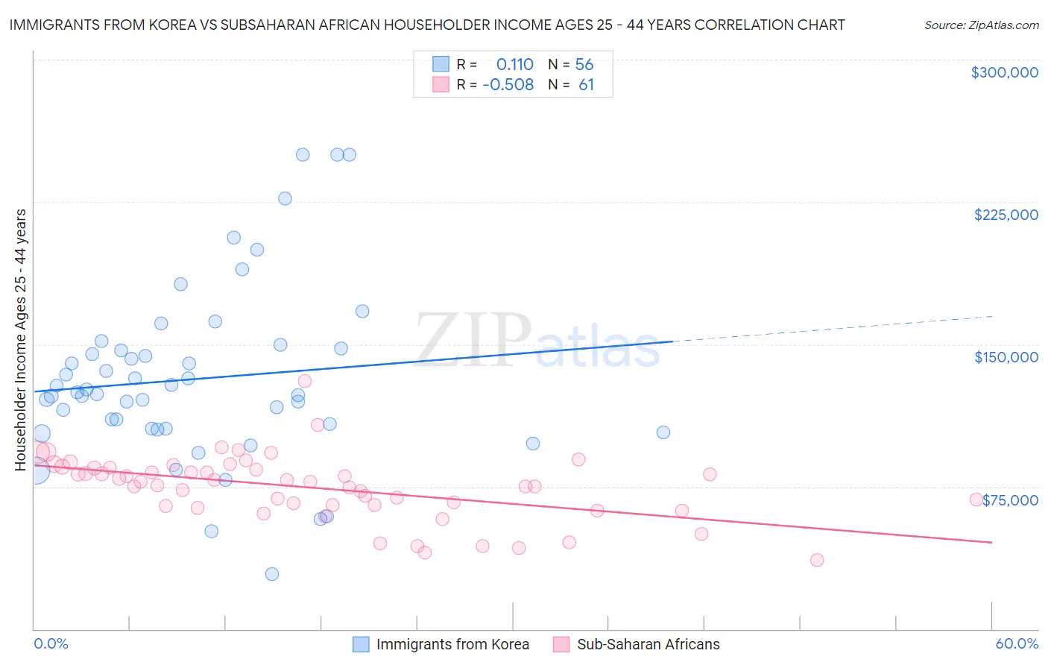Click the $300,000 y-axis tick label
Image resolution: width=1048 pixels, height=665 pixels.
click(1004, 72)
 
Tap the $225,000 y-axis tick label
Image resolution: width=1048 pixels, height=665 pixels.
click(1006, 215)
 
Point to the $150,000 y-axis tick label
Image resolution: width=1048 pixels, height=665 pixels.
click(1006, 357)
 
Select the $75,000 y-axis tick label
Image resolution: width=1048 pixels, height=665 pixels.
click(1010, 500)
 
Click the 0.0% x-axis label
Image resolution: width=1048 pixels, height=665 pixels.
click(51, 643)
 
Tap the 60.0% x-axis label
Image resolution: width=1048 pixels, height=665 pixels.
click(1016, 643)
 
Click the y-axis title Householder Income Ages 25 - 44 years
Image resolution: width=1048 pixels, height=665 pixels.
click(21, 340)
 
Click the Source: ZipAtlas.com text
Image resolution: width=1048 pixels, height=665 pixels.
click(981, 25)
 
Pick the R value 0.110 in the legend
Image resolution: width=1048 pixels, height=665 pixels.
click(514, 65)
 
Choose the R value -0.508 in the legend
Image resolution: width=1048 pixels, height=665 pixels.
click(508, 85)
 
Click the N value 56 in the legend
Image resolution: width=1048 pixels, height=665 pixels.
click(584, 65)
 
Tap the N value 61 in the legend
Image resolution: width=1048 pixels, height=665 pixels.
click(586, 85)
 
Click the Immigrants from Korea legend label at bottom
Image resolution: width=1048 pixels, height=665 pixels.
click(452, 644)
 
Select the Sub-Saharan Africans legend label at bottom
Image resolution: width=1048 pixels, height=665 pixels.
click(648, 644)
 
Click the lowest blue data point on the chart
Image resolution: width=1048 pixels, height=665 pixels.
click(272, 574)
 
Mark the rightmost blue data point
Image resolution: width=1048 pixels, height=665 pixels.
click(663, 432)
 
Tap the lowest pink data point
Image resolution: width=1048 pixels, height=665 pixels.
click(817, 560)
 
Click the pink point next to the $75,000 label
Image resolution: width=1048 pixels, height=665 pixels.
click(976, 499)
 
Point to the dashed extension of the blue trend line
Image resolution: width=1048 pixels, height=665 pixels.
click(835, 329)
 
